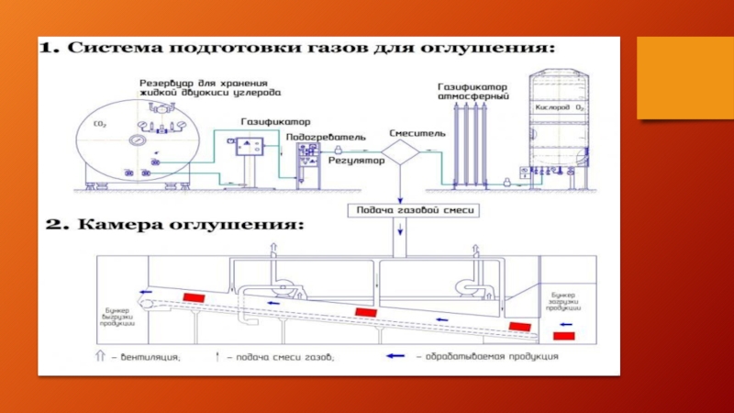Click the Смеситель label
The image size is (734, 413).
pos(417,133)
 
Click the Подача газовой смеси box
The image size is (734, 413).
pos(400,210)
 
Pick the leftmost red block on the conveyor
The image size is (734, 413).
pos(194,298)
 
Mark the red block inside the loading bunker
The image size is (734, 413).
pos(564,335)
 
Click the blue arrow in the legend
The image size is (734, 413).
pos(397,356)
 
